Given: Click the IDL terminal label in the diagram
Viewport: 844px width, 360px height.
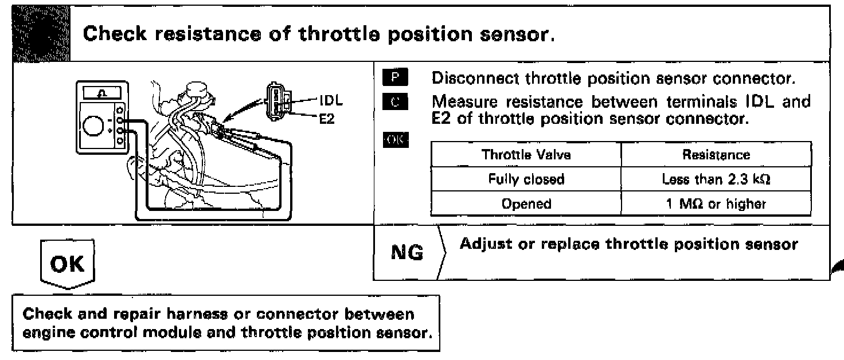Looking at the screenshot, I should click(x=331, y=102).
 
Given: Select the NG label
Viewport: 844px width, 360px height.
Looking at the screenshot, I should click(x=407, y=252).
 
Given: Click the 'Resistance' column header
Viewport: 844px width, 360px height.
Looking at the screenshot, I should click(x=716, y=154).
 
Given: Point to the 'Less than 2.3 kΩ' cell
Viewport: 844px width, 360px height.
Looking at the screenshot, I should click(x=716, y=179).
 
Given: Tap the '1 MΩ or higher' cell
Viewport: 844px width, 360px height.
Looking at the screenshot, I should click(x=716, y=204).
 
